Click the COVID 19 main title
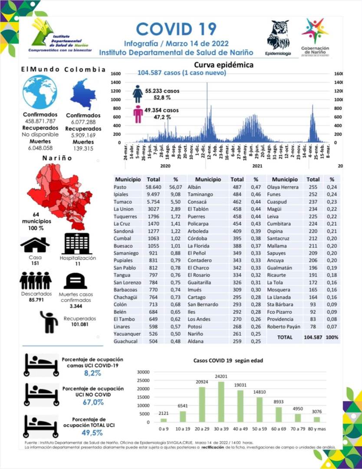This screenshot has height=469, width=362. pos(176,29)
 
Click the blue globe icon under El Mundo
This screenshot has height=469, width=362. pos(40,92)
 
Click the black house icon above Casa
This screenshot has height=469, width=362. pos(35,244)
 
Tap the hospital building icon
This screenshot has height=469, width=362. pos(77,244)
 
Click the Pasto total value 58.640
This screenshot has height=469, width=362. pos(154,187)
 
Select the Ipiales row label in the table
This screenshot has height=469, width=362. pos(122,194)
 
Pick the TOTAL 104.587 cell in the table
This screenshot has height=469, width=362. pos(316,337)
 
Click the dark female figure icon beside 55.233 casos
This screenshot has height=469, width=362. pos(138,93)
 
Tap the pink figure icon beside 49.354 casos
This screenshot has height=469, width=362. pos(138,113)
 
